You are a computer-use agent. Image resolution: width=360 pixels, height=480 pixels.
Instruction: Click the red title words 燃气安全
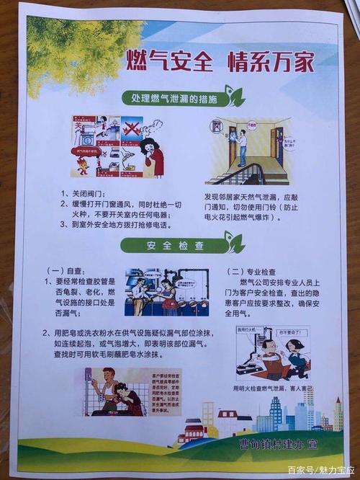169,61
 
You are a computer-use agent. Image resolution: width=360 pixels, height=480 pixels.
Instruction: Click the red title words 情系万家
270,61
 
